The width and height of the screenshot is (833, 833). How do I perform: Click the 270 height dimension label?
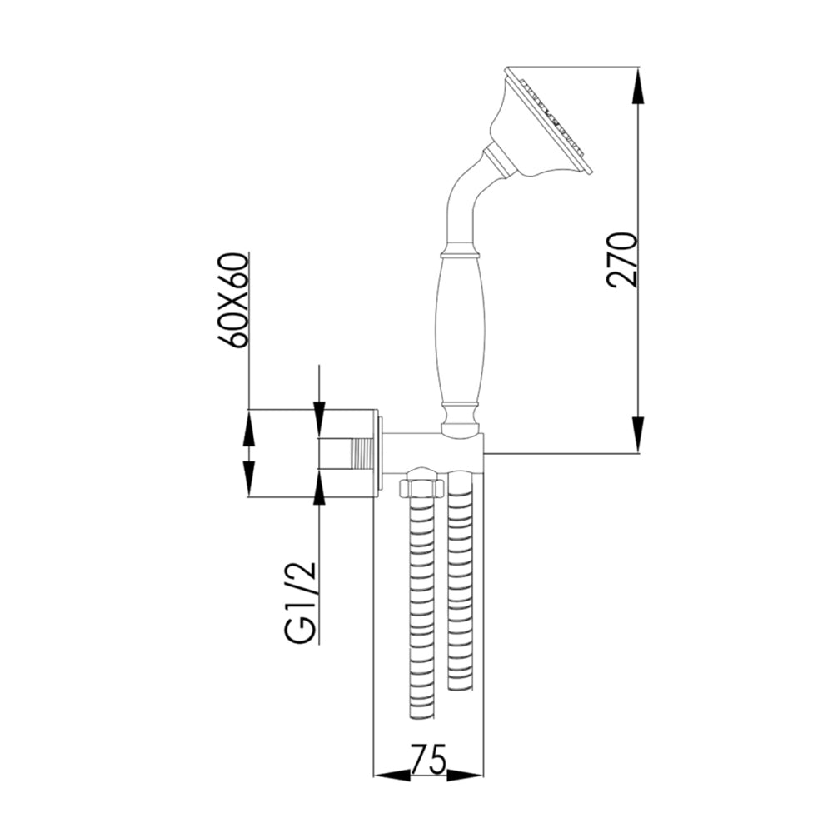[622, 260]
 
